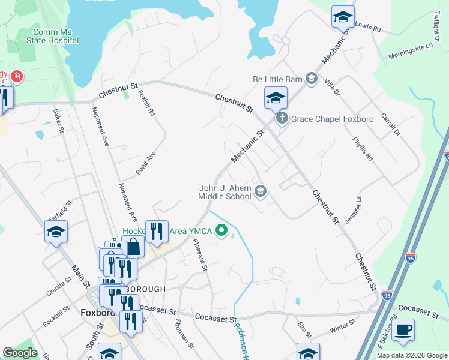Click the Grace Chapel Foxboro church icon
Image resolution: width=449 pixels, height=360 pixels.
tap(282, 119)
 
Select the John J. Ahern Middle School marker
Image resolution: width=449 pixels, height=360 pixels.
tap(261, 191)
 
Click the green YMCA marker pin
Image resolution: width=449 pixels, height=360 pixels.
tap(221, 230)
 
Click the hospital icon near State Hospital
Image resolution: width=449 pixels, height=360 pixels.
tap(16, 77)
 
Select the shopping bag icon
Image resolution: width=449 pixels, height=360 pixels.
tap(133, 247)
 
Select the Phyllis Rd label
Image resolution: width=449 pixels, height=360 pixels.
tap(365, 147)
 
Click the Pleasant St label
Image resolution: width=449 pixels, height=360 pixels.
tap(200, 254)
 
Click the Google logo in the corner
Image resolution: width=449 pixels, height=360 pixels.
tap(20, 353)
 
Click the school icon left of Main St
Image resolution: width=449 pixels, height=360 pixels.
tap(56, 232)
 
